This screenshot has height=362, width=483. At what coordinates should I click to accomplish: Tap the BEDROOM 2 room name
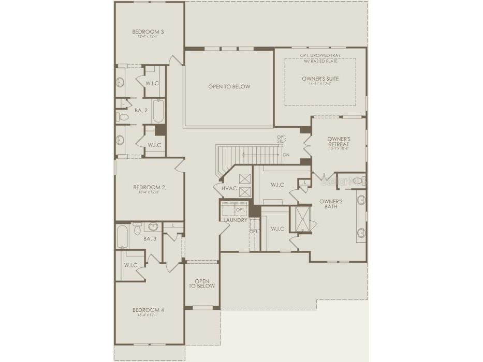coord(149,187)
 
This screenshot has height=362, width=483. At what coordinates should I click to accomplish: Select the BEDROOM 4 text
coord(149,310)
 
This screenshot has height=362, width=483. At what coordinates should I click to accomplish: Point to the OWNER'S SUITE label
coord(320,79)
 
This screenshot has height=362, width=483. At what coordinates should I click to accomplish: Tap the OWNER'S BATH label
coord(331,204)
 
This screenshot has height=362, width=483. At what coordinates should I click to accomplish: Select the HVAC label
coord(229,188)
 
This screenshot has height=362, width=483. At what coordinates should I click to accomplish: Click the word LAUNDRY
coord(235,220)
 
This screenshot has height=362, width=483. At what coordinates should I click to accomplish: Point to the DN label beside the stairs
coord(286,155)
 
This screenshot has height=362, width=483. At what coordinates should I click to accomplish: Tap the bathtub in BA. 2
coord(158,111)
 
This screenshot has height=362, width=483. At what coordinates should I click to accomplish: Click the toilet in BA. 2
coord(123,117)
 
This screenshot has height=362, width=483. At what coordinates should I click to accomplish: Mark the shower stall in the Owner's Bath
coord(302,219)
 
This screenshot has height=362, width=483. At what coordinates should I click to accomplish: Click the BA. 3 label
coord(150,238)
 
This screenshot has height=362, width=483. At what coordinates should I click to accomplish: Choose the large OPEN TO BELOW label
coord(229,86)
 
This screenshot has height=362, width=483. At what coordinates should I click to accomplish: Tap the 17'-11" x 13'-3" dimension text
coord(320,84)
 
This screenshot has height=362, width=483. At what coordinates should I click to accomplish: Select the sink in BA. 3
coord(153,226)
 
